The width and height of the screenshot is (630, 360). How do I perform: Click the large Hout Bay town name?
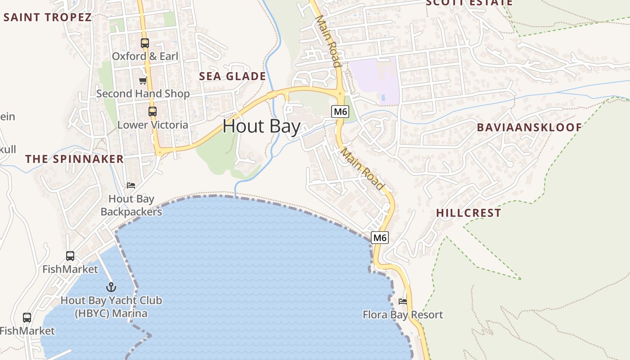pos(261,126)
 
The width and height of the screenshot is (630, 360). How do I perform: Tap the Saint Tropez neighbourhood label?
pos(48,18)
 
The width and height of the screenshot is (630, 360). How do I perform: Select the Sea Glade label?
pos(233,76)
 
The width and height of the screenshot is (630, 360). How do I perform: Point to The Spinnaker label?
pos(75,159)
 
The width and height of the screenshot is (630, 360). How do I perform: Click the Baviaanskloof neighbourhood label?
pos(529,127)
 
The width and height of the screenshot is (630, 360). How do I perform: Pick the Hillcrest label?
pos(468,213)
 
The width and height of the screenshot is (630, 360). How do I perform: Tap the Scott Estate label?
pos(469,3)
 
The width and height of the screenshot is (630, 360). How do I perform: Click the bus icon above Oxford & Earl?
pos(144,43)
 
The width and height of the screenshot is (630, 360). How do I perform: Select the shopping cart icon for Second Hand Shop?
pos(143,81)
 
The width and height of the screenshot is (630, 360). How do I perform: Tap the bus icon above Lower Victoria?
pos(153,112)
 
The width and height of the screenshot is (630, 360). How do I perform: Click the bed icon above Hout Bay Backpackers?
pos(131,185)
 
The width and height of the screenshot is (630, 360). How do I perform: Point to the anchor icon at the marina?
pos(111,287)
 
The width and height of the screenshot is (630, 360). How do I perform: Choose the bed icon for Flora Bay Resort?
pos(403,301)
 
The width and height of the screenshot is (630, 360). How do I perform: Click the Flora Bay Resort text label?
pos(403,315)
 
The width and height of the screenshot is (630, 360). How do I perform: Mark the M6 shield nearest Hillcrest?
pos(380,238)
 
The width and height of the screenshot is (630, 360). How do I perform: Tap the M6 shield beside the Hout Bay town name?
pos(340,112)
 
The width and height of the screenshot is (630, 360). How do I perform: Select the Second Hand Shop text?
pos(143,94)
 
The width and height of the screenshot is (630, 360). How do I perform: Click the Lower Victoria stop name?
pos(153,125)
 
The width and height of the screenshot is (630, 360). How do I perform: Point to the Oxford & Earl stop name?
pos(145,56)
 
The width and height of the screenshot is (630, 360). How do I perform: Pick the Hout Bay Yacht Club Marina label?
pos(111,306)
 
